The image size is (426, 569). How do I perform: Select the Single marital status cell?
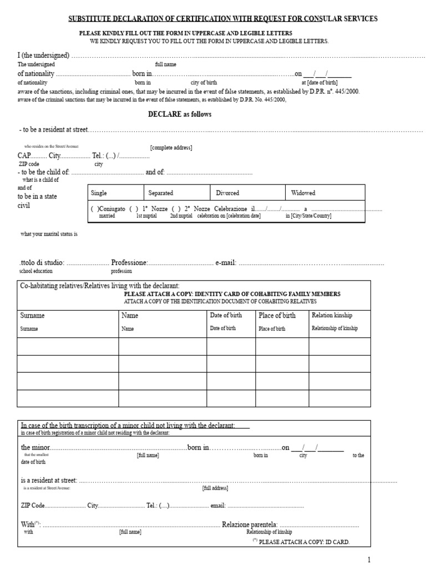pyautogui.click(x=99, y=193)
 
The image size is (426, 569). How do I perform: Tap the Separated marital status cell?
pyautogui.click(x=161, y=193)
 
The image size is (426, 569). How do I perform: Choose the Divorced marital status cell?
pyautogui.click(x=227, y=193)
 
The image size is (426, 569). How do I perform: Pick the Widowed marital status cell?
pyautogui.click(x=303, y=193)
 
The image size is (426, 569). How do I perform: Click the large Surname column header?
pyautogui.click(x=32, y=316)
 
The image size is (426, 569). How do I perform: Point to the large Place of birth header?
pyautogui.click(x=277, y=316)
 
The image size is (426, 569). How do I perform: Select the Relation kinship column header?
pyautogui.click(x=332, y=315)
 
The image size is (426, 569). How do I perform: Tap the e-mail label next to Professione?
pyautogui.click(x=226, y=262)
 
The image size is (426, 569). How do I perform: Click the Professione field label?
pyautogui.click(x=129, y=262)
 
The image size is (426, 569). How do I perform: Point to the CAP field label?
pyautogui.click(x=24, y=156)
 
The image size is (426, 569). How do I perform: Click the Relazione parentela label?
pyautogui.click(x=250, y=524)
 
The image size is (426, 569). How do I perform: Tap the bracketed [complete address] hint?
pyautogui.click(x=171, y=148)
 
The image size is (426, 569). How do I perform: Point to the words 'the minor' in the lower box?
pyautogui.click(x=35, y=447)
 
